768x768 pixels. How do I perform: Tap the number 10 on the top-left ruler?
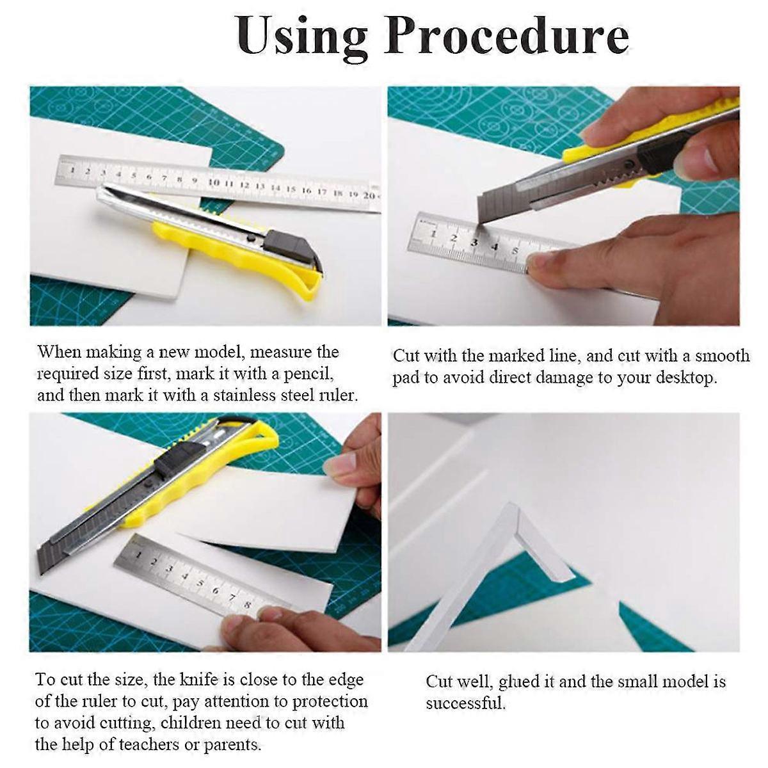tap(214, 182)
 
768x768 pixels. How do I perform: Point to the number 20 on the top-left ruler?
tap(369, 195)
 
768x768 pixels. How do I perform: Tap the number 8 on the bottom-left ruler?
tap(247, 605)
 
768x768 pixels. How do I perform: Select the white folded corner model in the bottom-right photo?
tap(512, 550)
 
